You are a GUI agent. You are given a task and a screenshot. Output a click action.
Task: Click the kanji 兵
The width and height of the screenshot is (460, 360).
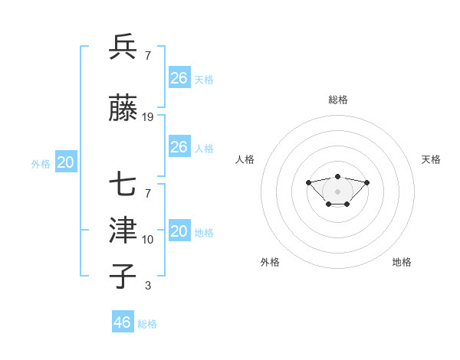tap(123, 47)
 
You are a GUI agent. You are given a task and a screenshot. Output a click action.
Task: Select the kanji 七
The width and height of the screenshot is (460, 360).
tap(123, 185)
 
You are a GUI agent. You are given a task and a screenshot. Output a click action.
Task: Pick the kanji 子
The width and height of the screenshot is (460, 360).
tap(123, 276)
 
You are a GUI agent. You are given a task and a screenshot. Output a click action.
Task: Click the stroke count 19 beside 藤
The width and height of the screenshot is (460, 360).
tap(148, 117)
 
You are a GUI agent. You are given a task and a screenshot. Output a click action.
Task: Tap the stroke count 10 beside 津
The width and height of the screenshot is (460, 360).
tap(148, 239)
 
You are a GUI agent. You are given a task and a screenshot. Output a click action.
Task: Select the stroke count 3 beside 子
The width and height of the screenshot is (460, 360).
tap(148, 286)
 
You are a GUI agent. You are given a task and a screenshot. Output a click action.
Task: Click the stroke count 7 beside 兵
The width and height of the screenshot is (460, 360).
tap(148, 56)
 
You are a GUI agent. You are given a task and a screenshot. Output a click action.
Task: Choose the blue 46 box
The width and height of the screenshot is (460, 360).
tap(123, 322)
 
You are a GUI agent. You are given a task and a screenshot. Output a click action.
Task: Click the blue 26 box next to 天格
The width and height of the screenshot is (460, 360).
tap(179, 77)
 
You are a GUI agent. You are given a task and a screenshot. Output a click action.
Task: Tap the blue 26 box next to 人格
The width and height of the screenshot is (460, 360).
tap(179, 147)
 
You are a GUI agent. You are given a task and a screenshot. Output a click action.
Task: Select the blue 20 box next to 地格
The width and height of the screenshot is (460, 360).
tap(179, 232)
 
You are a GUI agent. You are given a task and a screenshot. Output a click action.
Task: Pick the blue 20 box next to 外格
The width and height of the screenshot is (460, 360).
tap(66, 162)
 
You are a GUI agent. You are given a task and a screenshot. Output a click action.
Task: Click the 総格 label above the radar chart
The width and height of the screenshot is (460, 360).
tap(338, 100)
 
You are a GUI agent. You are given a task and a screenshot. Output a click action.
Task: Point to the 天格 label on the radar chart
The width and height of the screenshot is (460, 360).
tap(431, 159)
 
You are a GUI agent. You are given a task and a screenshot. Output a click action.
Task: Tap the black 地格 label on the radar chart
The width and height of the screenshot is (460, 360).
tap(402, 262)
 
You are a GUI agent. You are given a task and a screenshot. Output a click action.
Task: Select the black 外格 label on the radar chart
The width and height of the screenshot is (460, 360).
tap(270, 262)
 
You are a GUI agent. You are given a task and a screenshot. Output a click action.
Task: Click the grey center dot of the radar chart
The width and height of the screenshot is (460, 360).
tap(337, 191)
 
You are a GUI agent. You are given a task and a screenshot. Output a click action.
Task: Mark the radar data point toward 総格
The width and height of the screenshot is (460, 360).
tap(337, 176)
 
